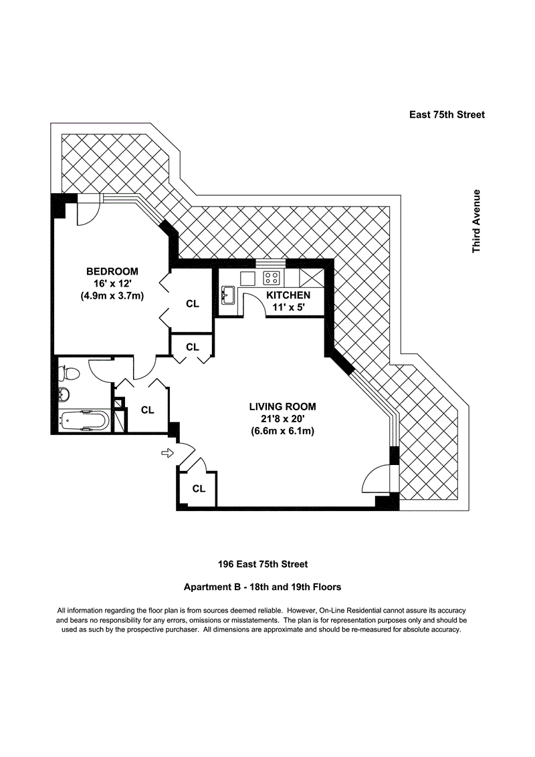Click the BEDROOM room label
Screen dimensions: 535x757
[112, 271]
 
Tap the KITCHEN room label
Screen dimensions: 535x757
[288, 295]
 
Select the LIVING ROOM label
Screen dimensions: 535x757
[282, 406]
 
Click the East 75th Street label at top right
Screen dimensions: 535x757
[447, 114]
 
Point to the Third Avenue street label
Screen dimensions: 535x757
[477, 221]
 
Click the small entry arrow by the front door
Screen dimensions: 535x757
[167, 454]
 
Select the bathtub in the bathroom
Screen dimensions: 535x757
[84, 420]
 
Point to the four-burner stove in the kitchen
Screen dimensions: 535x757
[272, 277]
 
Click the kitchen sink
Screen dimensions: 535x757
[226, 294]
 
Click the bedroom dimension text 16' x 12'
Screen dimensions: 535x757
[112, 283]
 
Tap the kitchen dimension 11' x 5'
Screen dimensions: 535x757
[288, 307]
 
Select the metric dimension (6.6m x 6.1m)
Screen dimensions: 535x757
[282, 431]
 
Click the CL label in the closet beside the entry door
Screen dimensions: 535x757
[199, 488]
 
